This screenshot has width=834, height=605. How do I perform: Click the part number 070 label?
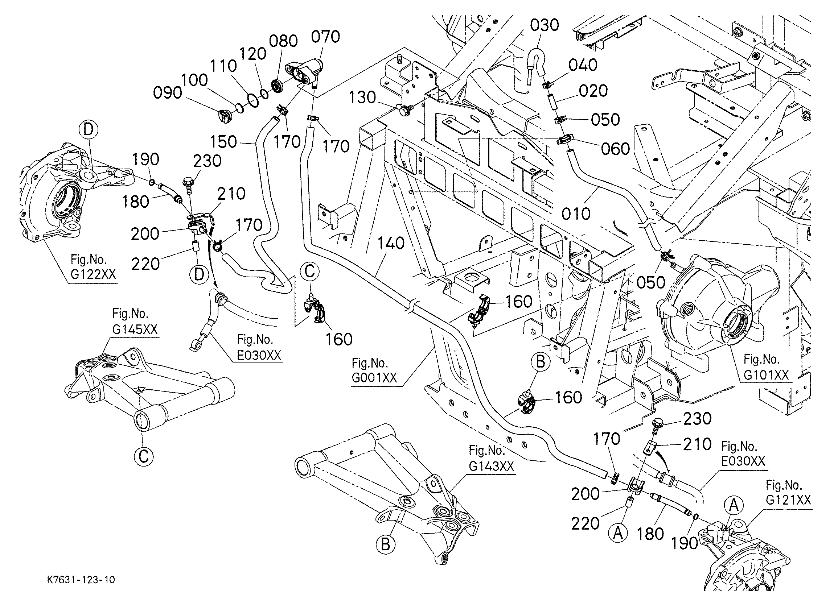325,37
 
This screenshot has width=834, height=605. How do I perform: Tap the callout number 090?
168,93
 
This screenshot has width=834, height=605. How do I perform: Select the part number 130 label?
362,98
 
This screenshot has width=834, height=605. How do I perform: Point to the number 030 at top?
545,25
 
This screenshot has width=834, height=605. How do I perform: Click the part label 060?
616,149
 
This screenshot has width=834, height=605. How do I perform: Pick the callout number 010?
576,214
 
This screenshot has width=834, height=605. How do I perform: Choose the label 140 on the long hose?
391,243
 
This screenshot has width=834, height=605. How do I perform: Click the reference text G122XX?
93,274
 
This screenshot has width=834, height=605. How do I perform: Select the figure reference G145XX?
135,329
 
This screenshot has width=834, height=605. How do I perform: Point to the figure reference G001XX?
374,378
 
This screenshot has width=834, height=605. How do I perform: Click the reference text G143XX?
491,466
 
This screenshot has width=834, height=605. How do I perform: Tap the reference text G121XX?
789,500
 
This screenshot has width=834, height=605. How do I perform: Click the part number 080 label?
283,41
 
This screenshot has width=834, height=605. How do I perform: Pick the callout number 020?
593,91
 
